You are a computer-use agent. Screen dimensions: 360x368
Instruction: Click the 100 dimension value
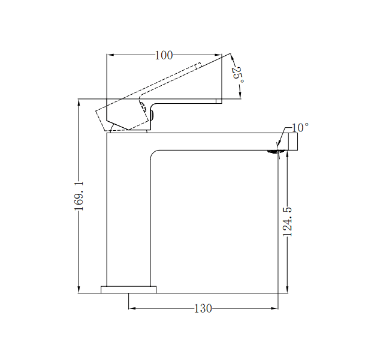(x=164, y=56)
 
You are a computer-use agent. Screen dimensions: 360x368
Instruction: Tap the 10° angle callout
(x=300, y=128)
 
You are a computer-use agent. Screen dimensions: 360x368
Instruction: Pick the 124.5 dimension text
(x=288, y=221)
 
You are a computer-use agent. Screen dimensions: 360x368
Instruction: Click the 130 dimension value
(x=203, y=309)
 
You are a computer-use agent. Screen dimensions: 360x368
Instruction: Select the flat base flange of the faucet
(x=128, y=290)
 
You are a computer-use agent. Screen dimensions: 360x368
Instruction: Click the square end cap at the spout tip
(x=293, y=141)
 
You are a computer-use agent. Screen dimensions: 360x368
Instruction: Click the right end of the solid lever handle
(x=219, y=101)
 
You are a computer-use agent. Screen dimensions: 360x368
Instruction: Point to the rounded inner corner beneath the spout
(x=154, y=154)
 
